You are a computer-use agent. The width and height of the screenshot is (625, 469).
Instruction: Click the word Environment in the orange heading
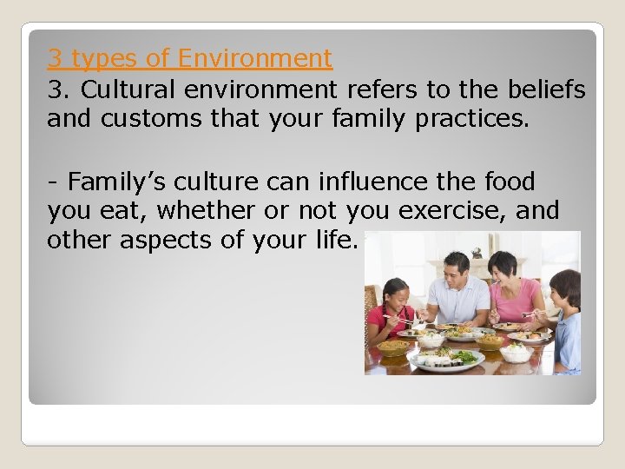pyautogui.click(x=254, y=59)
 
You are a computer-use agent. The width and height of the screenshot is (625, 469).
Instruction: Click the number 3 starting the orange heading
pyautogui.click(x=55, y=59)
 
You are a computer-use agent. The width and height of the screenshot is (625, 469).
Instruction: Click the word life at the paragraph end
pyautogui.click(x=339, y=241)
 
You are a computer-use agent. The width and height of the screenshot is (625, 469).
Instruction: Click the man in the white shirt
pyautogui.click(x=458, y=291)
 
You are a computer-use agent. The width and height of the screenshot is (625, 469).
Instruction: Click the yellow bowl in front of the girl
pyautogui.click(x=395, y=347)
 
